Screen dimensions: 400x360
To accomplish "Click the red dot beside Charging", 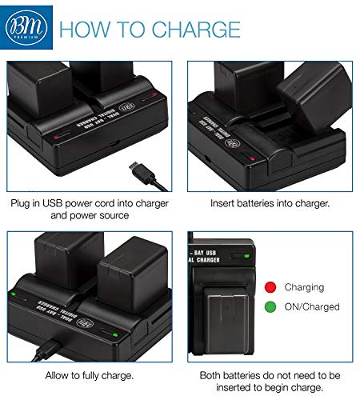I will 270,287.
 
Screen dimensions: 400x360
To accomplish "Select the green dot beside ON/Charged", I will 270,306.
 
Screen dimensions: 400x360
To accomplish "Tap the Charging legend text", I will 303,287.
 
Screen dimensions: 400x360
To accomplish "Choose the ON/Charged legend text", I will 310,306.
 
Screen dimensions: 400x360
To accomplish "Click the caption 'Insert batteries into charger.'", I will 270,203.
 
